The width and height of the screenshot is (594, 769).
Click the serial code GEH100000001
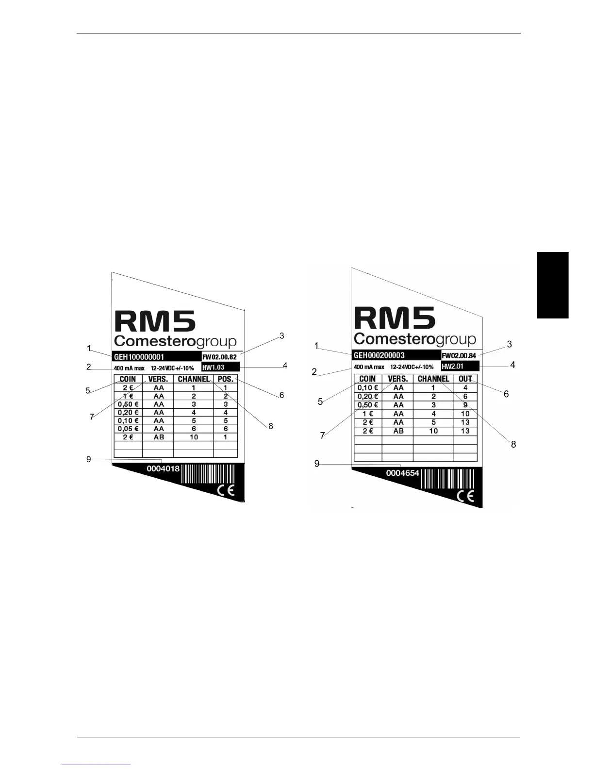point(139,357)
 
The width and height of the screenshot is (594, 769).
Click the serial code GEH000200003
point(379,355)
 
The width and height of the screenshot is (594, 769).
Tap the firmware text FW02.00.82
point(219,357)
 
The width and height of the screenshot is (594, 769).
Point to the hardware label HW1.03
point(214,368)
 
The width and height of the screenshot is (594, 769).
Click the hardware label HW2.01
point(453,366)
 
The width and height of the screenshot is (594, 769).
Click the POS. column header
point(226,379)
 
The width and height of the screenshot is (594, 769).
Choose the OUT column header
point(465,379)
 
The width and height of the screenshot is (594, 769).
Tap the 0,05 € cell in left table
point(128,429)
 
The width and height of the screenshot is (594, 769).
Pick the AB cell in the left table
point(159,437)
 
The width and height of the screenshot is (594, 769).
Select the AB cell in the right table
point(398,431)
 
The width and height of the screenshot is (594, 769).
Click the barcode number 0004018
point(163,469)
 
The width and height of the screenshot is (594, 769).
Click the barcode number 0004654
point(402,473)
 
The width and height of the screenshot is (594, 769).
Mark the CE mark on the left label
point(226,490)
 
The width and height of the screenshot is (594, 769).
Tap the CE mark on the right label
point(466,496)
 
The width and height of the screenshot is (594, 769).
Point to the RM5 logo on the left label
point(155,322)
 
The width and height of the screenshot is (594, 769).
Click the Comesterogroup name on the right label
point(415,339)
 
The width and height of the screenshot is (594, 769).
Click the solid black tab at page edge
point(553,285)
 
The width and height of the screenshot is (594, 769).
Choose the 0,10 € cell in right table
point(367,388)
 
